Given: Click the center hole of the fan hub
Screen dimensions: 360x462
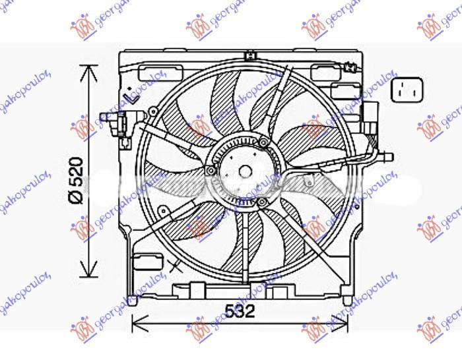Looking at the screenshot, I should coord(245,171).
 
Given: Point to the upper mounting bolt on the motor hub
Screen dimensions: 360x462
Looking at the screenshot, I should coord(264,143).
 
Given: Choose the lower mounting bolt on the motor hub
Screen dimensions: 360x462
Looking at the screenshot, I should coord(263,201).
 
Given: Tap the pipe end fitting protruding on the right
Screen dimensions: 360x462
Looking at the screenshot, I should coord(387,156).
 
